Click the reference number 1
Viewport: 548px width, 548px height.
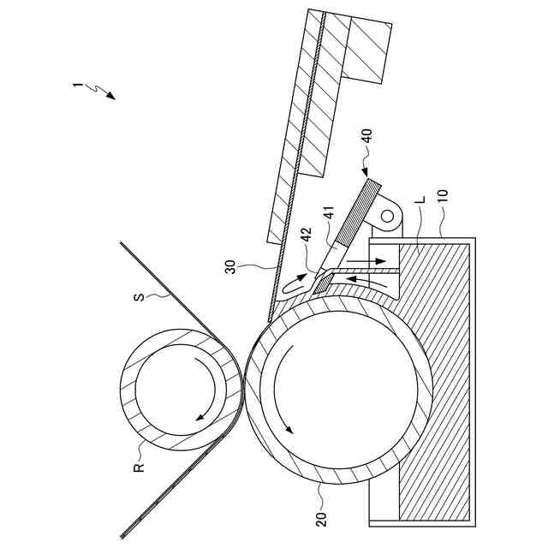tap(77, 85)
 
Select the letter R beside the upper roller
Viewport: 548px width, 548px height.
tap(138, 467)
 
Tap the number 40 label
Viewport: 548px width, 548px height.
tap(366, 138)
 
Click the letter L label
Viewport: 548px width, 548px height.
tap(419, 200)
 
